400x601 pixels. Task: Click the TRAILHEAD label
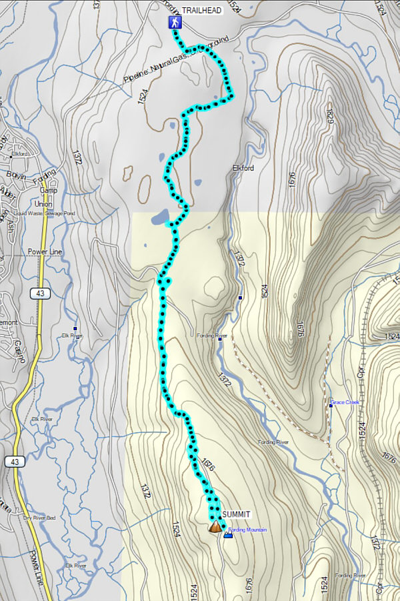(x=202, y=11)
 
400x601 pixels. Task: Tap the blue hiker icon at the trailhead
(x=174, y=23)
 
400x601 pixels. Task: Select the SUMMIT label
(x=236, y=514)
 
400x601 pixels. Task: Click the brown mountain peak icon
(x=215, y=527)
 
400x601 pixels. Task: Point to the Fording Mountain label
(x=247, y=530)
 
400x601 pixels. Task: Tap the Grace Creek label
(x=345, y=403)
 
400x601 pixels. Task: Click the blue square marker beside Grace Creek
(x=331, y=405)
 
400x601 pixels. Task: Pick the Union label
(x=43, y=204)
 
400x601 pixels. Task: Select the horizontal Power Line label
(x=44, y=252)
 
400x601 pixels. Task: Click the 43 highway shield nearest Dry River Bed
(x=13, y=462)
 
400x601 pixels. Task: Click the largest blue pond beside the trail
(x=160, y=217)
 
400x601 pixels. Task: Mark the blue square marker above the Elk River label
(x=75, y=329)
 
